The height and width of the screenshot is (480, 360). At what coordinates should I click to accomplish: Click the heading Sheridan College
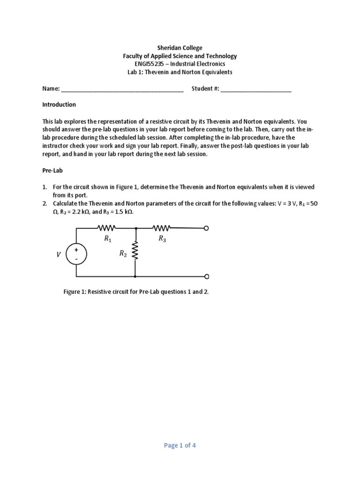(180, 48)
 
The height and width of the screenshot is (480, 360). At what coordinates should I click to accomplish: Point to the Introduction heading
(59, 105)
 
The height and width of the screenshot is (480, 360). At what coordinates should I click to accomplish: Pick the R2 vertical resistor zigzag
(135, 251)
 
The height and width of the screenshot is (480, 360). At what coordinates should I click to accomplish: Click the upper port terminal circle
(206, 228)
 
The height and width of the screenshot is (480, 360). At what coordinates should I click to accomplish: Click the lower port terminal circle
(206, 277)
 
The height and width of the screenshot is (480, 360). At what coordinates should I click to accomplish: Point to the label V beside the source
(59, 255)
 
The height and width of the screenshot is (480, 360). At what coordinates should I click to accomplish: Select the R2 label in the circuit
(123, 254)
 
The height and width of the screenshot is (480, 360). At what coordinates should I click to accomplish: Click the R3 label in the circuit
(162, 239)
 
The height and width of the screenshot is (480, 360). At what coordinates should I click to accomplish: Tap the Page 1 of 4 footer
(180, 445)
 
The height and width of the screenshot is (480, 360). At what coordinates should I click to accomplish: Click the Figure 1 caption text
(136, 292)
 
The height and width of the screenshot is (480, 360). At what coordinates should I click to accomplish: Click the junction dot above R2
(135, 228)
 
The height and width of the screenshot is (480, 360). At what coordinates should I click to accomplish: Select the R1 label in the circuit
(108, 239)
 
